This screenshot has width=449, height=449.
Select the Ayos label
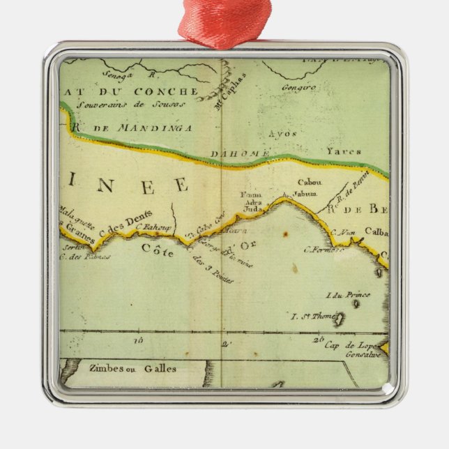(283, 133)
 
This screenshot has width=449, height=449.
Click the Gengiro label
(299, 88)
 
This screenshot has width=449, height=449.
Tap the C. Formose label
(323, 250)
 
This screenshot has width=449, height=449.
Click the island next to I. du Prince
(367, 296)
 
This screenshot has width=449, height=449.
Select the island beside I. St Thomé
(340, 319)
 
